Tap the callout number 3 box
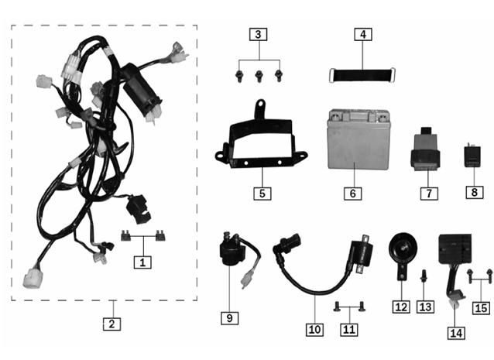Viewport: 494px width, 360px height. coord(259,35)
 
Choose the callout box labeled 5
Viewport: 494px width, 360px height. coord(263,192)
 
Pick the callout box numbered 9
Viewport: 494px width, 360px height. coord(230,318)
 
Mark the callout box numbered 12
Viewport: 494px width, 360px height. coord(401,307)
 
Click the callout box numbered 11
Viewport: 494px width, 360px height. coord(349,330)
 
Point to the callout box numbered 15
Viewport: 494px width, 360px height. coord(480,307)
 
